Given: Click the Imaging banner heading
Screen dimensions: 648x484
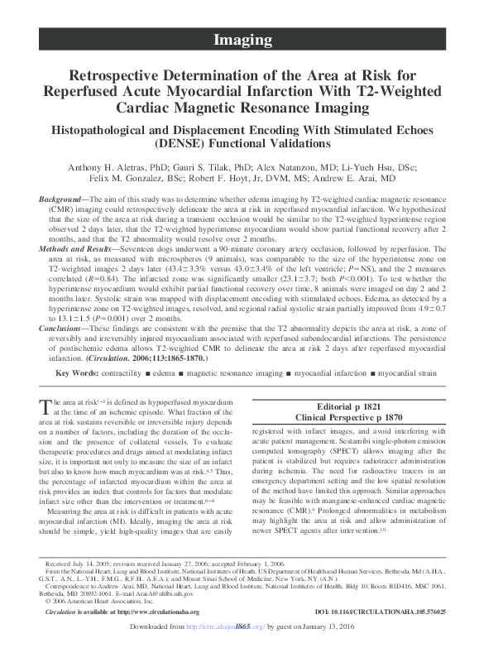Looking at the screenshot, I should click(x=242, y=39).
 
